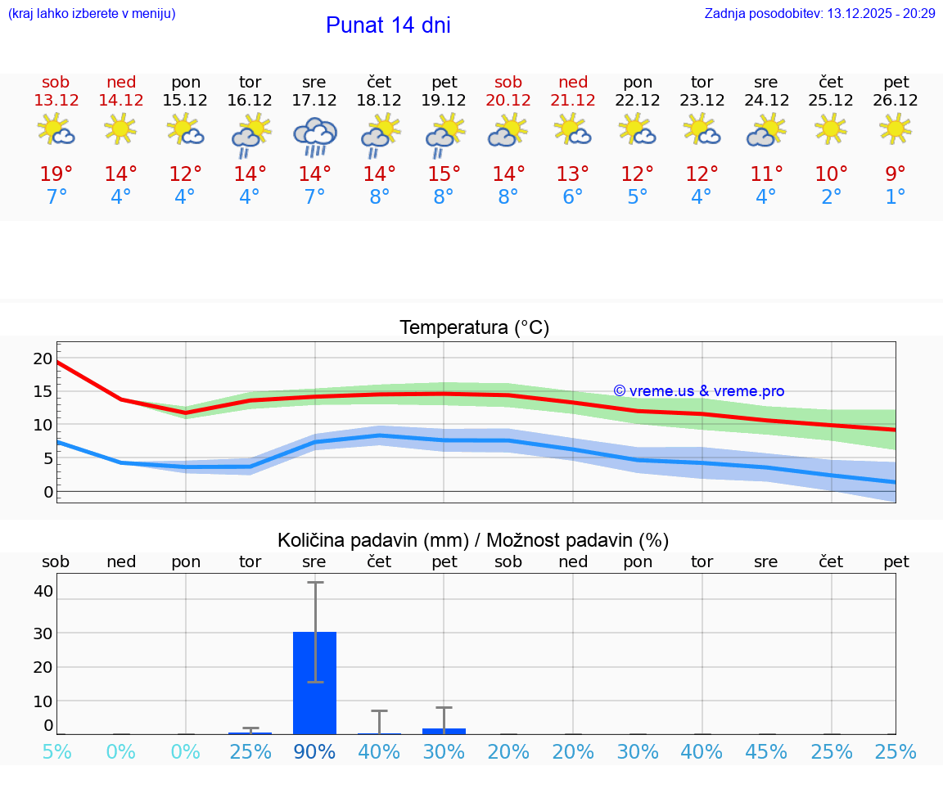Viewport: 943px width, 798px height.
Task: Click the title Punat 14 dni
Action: pyautogui.click(x=388, y=25)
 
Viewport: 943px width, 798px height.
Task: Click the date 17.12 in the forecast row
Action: pyautogui.click(x=314, y=101)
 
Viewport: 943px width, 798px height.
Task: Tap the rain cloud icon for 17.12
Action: pyautogui.click(x=314, y=136)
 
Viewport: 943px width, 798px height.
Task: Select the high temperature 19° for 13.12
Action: pyautogui.click(x=56, y=174)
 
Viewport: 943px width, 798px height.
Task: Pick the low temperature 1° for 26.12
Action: pyautogui.click(x=896, y=197)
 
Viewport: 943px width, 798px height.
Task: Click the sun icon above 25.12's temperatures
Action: pyautogui.click(x=831, y=128)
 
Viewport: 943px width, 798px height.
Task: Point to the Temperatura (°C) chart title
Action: pyautogui.click(x=474, y=328)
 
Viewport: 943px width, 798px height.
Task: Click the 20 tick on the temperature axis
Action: pyautogui.click(x=43, y=358)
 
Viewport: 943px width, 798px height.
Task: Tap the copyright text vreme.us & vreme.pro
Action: pyautogui.click(x=698, y=391)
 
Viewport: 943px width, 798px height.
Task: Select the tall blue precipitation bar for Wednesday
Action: pyautogui.click(x=314, y=683)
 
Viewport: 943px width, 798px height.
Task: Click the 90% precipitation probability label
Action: pyautogui.click(x=314, y=751)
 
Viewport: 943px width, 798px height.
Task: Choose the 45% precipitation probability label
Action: pyautogui.click(x=765, y=751)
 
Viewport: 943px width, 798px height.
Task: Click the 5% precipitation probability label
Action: pyautogui.click(x=56, y=751)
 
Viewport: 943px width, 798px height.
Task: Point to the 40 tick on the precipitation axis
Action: pyautogui.click(x=43, y=591)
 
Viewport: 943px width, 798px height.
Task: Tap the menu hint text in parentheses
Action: pyautogui.click(x=91, y=14)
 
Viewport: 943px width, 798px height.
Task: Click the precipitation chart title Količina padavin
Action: pyautogui.click(x=473, y=540)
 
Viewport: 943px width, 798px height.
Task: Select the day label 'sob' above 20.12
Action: pyautogui.click(x=508, y=83)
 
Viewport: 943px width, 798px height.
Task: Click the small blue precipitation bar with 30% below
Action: pyautogui.click(x=444, y=731)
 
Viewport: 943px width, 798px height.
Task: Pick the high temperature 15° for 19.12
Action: pyautogui.click(x=444, y=174)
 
